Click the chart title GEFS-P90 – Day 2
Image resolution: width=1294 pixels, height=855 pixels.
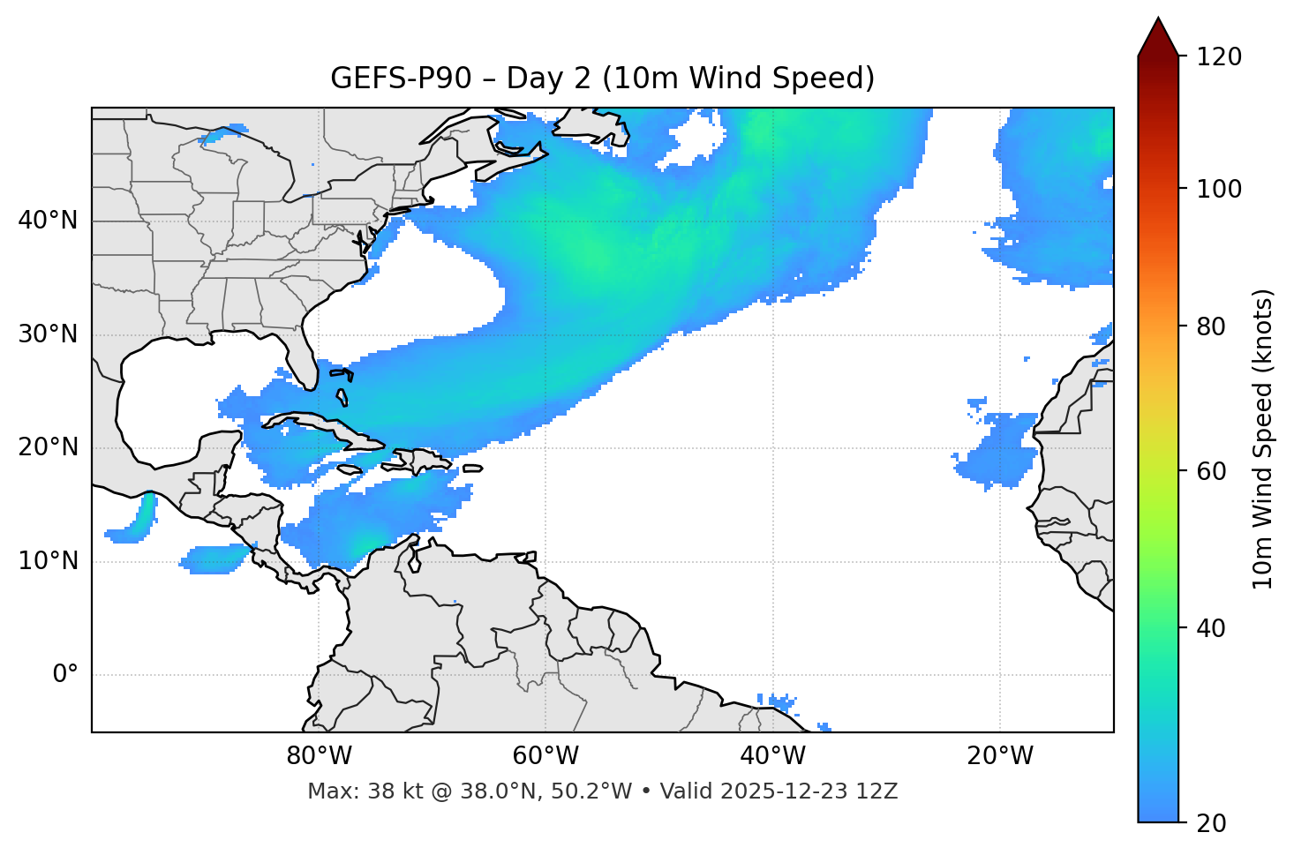(602, 79)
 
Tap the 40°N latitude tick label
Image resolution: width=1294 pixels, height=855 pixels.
(48, 221)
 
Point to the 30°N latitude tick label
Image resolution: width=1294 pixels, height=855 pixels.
(48, 334)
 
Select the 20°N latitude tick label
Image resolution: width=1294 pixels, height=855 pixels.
(48, 447)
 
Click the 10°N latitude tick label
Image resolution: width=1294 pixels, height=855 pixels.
(48, 561)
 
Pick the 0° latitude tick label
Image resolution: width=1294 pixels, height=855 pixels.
(64, 675)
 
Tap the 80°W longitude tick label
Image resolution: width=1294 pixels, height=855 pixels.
(319, 756)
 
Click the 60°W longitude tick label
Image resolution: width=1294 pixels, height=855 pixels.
(545, 756)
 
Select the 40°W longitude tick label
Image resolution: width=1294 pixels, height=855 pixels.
(772, 756)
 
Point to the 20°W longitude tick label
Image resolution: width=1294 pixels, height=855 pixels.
(999, 756)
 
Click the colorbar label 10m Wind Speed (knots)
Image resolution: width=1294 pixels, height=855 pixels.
(1263, 439)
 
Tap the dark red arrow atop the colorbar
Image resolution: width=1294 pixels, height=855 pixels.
(1158, 37)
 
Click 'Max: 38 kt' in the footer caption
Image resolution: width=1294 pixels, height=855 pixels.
(345, 791)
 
